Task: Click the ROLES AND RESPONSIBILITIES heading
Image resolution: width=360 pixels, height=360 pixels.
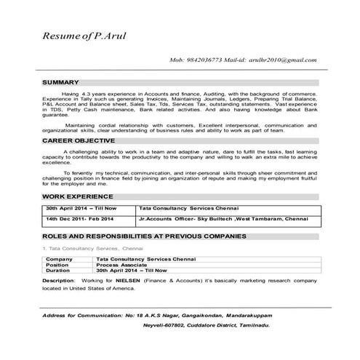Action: click(143, 237)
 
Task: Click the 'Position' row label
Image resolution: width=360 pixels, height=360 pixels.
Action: click(57, 265)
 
